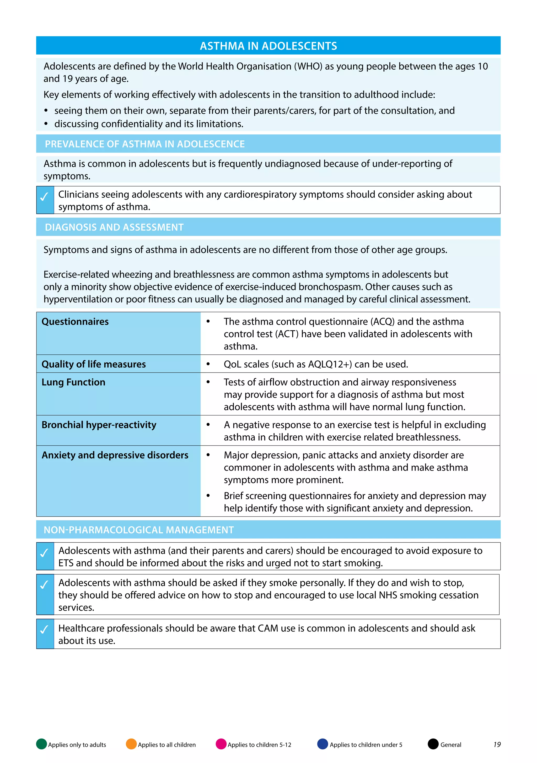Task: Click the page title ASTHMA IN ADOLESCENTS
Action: point(268,46)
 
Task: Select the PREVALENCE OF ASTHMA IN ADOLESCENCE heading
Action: point(145,144)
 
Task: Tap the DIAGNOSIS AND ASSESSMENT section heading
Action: point(114,227)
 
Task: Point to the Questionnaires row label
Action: point(75,322)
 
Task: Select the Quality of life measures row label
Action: point(94,364)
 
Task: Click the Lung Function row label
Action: point(73,382)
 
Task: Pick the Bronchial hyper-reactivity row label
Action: point(99,425)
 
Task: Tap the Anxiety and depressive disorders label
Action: point(115,455)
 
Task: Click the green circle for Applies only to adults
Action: point(41,744)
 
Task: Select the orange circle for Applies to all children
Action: point(131,744)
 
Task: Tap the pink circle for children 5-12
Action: point(221,744)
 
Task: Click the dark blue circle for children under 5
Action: point(323,744)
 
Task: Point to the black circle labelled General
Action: point(433,744)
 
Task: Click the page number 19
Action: point(497,744)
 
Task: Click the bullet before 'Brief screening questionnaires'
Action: point(208,496)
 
